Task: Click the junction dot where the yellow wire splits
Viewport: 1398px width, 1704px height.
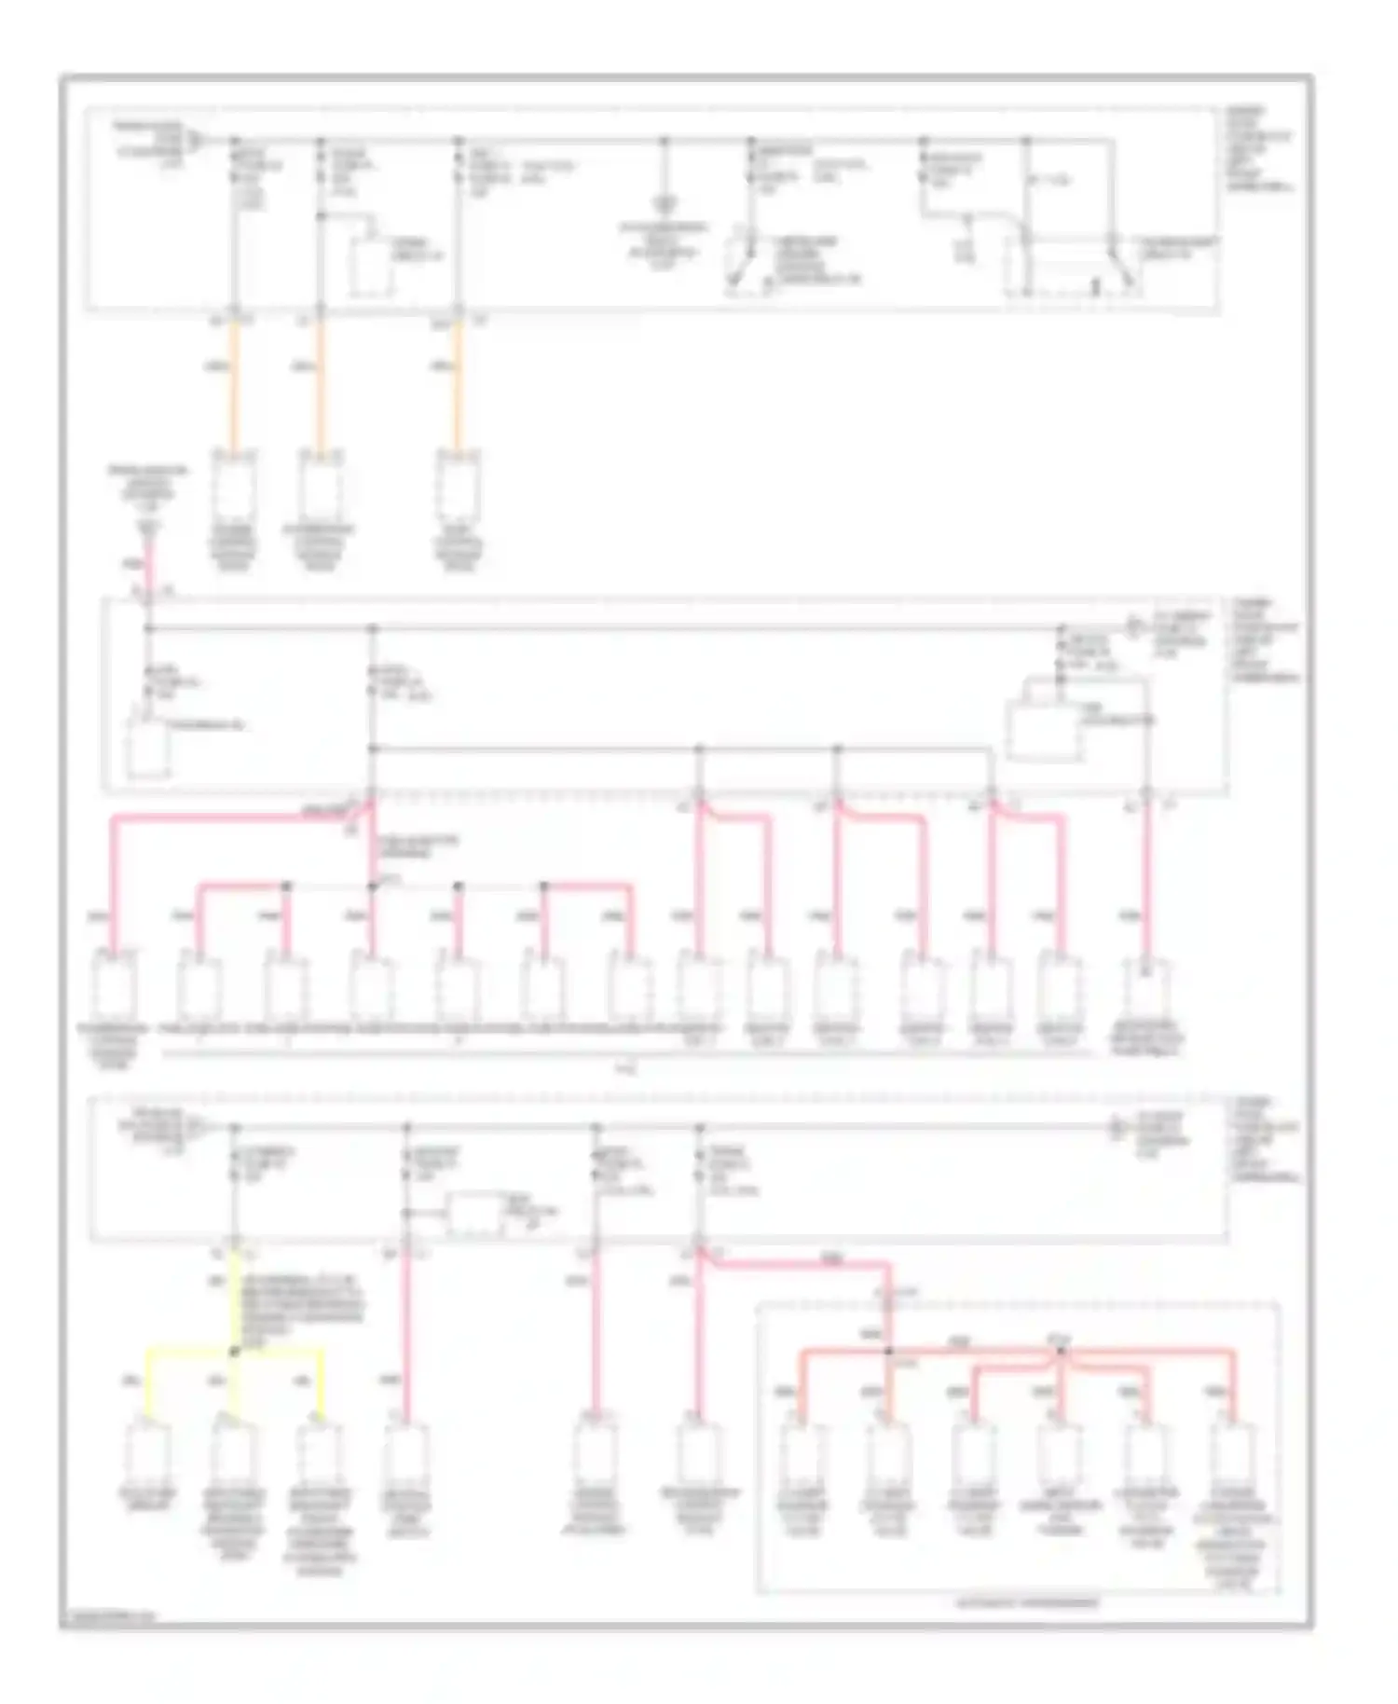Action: coord(235,1350)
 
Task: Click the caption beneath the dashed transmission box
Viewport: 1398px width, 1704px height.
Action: coord(1027,1603)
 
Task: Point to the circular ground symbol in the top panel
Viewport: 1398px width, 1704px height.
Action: coord(665,202)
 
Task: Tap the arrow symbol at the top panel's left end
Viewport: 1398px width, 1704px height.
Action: coord(196,142)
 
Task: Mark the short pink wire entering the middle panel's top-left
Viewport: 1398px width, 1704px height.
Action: coord(148,564)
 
